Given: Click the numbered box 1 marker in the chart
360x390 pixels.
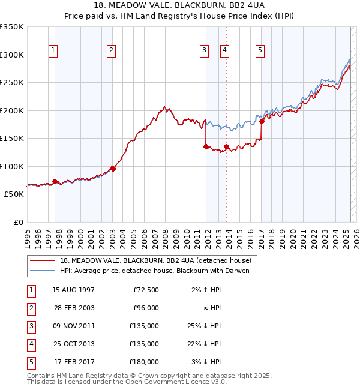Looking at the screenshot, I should pos(54,50).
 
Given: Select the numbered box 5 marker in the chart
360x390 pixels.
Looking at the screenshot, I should pos(260,50).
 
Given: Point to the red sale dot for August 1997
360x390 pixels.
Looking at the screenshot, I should pos(55,181).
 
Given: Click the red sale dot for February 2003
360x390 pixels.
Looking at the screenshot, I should pos(113,169).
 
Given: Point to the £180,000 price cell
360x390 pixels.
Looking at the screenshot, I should pos(145,362).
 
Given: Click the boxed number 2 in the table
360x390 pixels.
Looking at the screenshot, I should pos(31,308).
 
